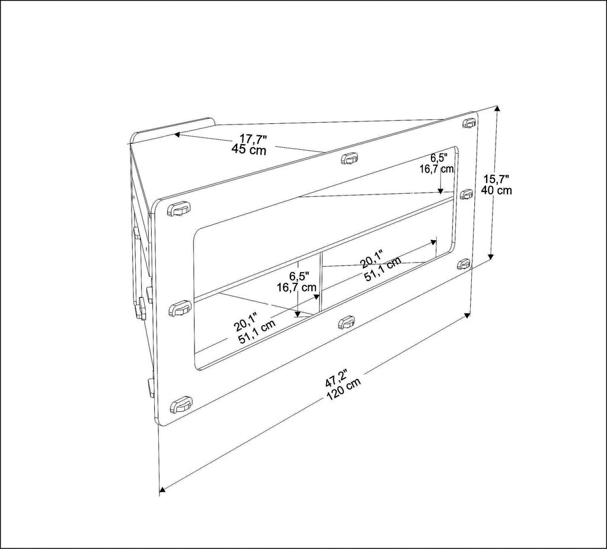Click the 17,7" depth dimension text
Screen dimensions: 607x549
click(254, 139)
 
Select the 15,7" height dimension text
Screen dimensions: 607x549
click(497, 179)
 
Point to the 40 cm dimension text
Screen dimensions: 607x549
click(496, 190)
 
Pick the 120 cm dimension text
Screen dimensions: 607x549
click(344, 389)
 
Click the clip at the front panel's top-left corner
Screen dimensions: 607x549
click(179, 209)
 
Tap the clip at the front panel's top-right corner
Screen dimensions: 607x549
click(469, 122)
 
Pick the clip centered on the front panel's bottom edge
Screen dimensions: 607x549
click(346, 322)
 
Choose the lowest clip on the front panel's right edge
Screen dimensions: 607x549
click(464, 264)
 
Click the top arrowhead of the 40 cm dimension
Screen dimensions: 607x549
click(497, 110)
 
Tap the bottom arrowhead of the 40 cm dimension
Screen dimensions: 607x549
click(491, 256)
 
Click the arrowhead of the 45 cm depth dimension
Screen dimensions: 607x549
click(177, 135)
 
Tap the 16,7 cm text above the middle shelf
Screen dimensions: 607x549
click(437, 169)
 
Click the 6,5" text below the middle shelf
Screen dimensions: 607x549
click(299, 276)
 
